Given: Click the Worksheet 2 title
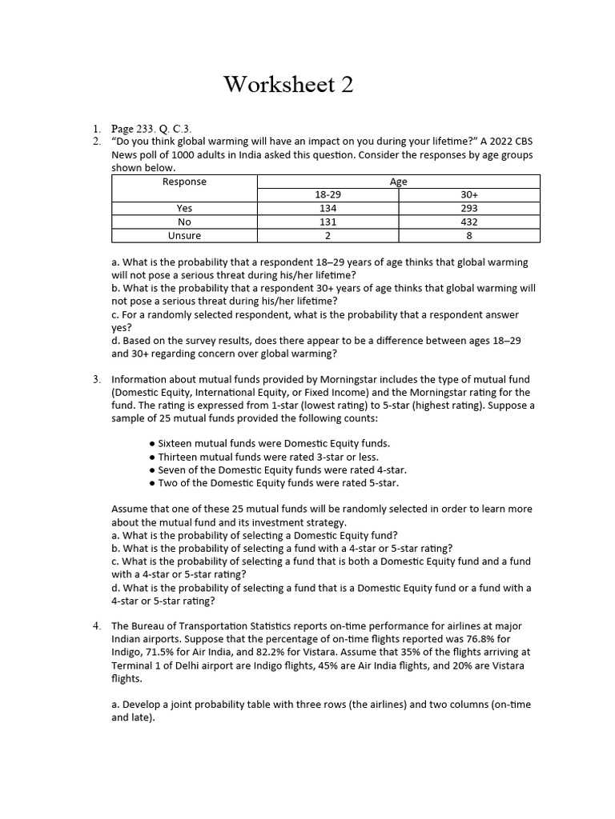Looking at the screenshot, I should tap(288, 84).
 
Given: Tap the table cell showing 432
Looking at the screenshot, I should tap(469, 222).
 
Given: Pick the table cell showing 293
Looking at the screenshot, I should tap(469, 209).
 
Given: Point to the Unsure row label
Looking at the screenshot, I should tap(184, 236).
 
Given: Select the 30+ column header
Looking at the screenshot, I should tap(469, 195).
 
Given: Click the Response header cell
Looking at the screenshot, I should tap(184, 182).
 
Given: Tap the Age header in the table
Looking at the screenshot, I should tap(398, 182).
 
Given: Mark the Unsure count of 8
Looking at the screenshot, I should tap(469, 236).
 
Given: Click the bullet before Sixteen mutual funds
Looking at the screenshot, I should tap(152, 443).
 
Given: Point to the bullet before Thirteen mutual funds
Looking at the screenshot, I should tap(152, 457).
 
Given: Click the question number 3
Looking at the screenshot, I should tap(96, 379).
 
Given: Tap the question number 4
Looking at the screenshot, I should tap(96, 625).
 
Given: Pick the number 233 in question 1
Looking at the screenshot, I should tap(146, 129).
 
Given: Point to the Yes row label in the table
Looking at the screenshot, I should tap(184, 209).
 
